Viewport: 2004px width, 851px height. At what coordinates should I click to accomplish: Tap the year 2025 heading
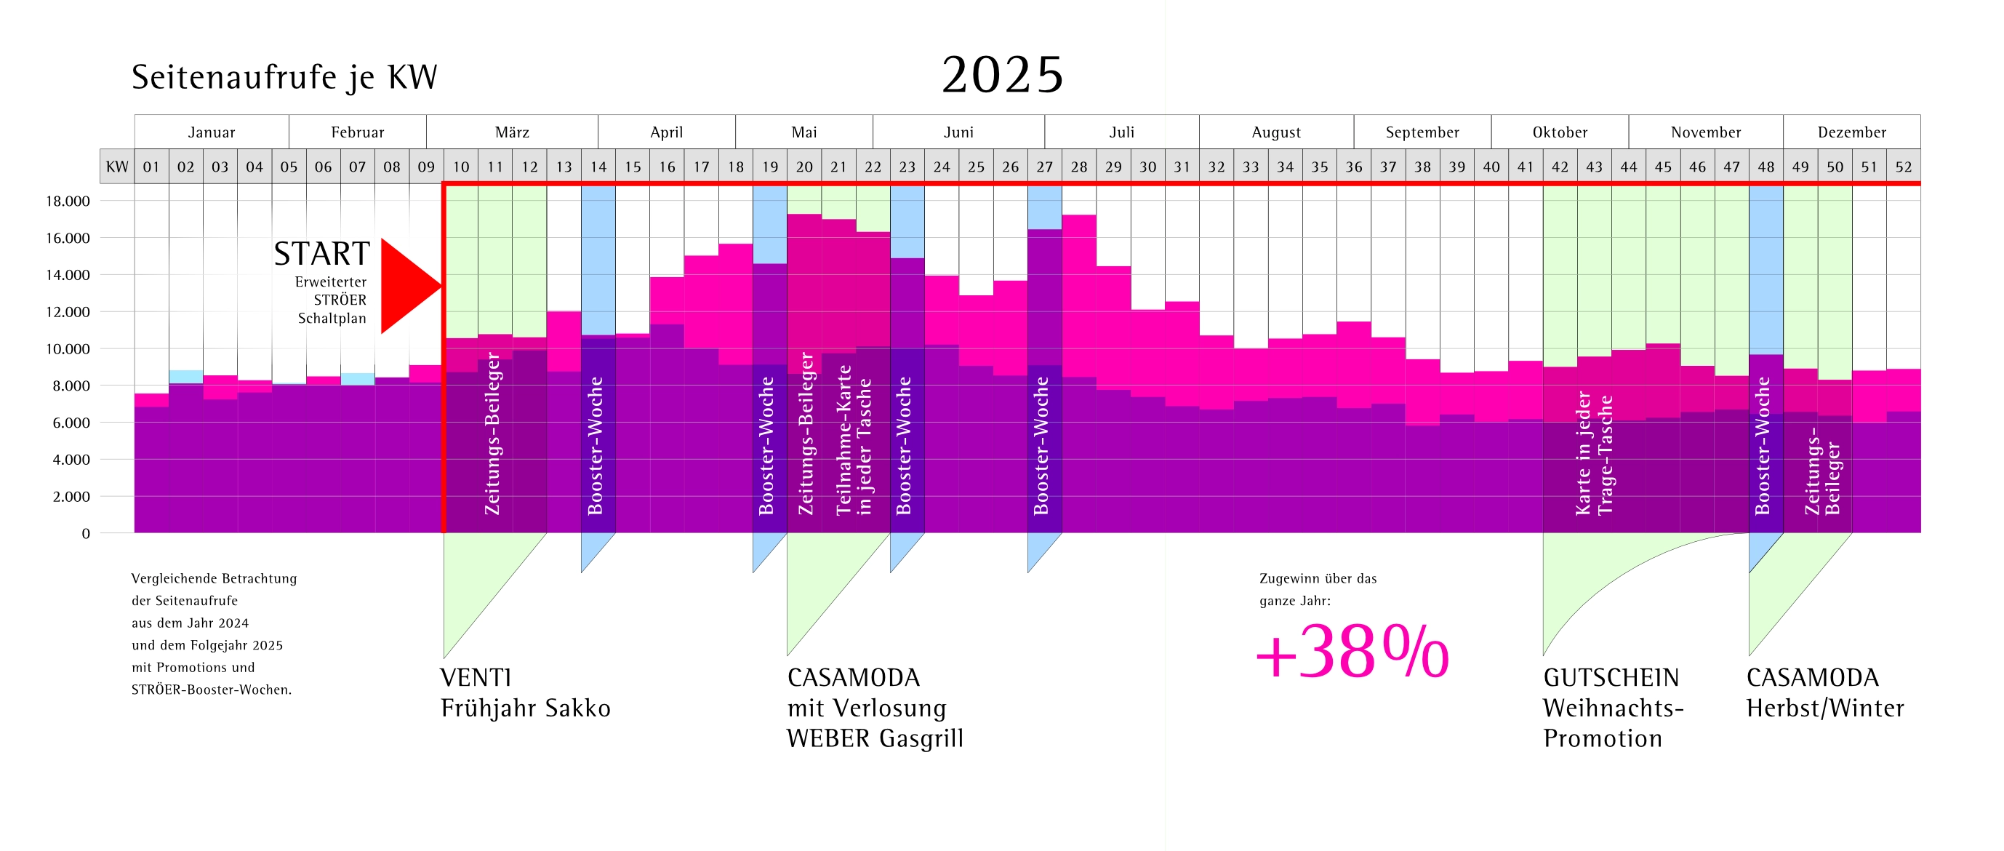pos(1002,76)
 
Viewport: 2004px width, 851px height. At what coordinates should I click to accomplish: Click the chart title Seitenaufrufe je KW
pos(284,77)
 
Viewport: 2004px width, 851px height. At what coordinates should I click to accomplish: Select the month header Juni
pos(958,132)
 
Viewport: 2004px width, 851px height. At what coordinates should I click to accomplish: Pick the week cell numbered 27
pos(1044,167)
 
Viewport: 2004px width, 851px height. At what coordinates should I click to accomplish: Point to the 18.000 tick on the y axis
pos(68,201)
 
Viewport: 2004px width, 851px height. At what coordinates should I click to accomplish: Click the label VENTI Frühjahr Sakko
pos(525,692)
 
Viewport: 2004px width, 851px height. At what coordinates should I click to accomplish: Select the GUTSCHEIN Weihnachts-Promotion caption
pos(1613,707)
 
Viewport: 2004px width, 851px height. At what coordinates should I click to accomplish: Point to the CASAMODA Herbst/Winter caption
pos(1824,692)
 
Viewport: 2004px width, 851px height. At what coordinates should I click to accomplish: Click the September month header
pos(1422,132)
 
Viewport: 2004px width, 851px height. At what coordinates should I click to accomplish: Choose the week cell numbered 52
pos(1903,167)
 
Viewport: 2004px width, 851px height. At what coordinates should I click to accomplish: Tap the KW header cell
pos(116,167)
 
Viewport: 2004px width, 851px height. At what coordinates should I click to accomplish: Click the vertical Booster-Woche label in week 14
pos(596,446)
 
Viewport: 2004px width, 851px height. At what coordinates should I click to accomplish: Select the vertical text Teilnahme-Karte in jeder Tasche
pos(854,440)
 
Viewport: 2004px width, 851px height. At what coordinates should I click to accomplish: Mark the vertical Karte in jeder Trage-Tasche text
pos(1594,455)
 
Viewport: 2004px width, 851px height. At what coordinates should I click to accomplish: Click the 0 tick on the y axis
pos(86,534)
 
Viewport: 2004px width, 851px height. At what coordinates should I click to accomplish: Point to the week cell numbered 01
pos(151,167)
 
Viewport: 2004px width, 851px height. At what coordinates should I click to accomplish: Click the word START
pos(321,255)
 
